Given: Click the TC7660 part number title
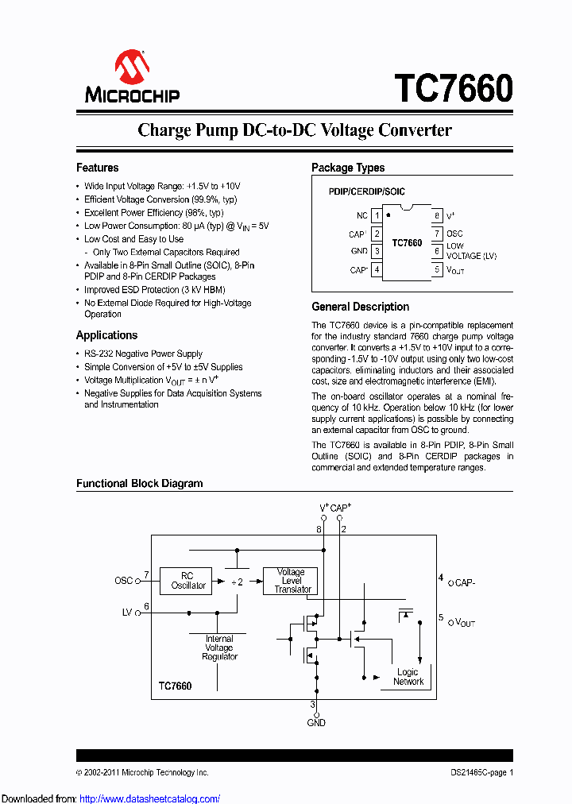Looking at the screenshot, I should click(454, 87).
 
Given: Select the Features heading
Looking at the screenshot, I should click(97, 168).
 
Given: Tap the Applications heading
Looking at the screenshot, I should click(106, 335).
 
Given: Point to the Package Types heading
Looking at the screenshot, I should click(348, 168).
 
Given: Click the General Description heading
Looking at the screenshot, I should click(360, 307).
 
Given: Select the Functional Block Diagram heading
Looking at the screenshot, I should click(139, 483).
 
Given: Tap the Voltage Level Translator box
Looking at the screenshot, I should click(291, 581).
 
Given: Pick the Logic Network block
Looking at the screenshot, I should click(408, 677).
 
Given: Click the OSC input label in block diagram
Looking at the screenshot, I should click(123, 581).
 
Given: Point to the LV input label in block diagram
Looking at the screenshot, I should click(127, 613).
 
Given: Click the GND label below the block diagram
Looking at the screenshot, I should click(316, 722).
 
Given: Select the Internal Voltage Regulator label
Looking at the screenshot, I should click(219, 647).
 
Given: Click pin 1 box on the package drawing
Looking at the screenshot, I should click(377, 215).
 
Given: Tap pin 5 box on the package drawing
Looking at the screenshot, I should click(436, 270).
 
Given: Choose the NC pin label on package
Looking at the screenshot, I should click(362, 215).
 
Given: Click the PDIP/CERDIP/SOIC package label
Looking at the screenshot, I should click(367, 192).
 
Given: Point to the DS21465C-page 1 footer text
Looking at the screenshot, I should click(477, 772).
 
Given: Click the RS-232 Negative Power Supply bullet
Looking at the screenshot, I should click(143, 354).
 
